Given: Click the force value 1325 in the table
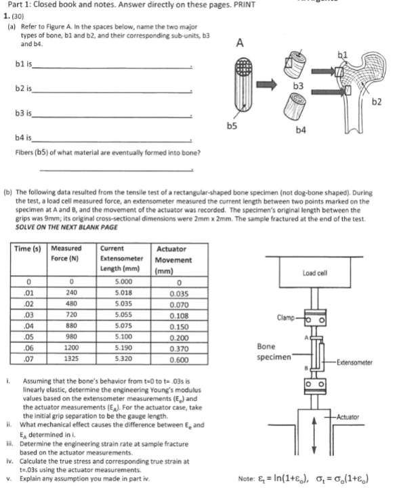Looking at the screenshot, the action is click(x=71, y=358).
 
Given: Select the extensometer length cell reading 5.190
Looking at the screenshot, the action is click(x=123, y=348).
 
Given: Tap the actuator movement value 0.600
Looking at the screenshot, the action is click(x=179, y=360).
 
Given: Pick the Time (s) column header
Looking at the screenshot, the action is click(x=28, y=249).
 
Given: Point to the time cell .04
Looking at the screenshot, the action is click(x=28, y=326).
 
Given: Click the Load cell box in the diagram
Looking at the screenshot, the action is click(x=314, y=272).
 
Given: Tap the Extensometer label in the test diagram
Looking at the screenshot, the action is click(x=354, y=362).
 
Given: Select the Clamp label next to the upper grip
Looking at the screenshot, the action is click(x=285, y=318).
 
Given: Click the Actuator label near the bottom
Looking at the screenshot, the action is click(x=348, y=417).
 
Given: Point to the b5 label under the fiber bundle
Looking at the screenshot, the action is click(x=232, y=126).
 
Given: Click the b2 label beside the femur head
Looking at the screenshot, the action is click(x=377, y=102).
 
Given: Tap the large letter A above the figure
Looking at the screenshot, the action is click(x=240, y=43).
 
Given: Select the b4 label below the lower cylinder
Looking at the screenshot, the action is click(x=301, y=130).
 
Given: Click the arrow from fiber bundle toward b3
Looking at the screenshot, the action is click(x=266, y=85).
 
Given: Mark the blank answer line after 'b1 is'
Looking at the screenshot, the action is click(x=112, y=68).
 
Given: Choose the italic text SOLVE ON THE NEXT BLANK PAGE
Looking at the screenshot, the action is click(x=66, y=228).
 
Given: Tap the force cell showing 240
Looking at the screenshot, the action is click(x=71, y=293).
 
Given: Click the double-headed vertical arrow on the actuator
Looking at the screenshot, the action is click(x=314, y=435).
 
